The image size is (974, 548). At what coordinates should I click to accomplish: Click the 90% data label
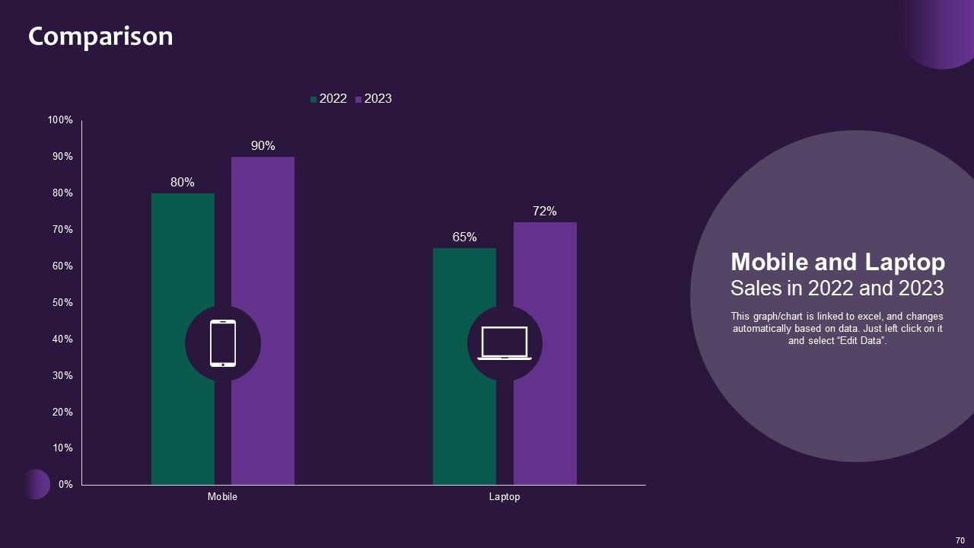pyautogui.click(x=263, y=146)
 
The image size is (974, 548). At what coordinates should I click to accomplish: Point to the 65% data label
pyautogui.click(x=464, y=237)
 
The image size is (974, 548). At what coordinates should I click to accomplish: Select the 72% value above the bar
pyautogui.click(x=545, y=212)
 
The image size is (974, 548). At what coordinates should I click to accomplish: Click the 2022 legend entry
pyautogui.click(x=329, y=99)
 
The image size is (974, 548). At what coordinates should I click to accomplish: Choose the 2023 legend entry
pyautogui.click(x=374, y=99)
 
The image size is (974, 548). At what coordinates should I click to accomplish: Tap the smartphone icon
pyautogui.click(x=223, y=344)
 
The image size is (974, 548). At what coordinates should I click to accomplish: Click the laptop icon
pyautogui.click(x=505, y=343)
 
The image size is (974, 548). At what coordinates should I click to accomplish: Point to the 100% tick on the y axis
pyautogui.click(x=60, y=120)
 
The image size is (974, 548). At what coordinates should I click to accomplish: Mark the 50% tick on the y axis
pyautogui.click(x=62, y=303)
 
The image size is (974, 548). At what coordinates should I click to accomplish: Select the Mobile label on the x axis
pyautogui.click(x=222, y=497)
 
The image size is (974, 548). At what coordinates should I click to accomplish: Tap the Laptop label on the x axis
pyautogui.click(x=505, y=497)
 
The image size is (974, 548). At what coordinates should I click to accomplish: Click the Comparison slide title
pyautogui.click(x=100, y=37)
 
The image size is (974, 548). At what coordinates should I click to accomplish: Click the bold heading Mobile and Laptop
pyautogui.click(x=838, y=263)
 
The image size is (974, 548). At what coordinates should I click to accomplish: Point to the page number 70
pyautogui.click(x=960, y=540)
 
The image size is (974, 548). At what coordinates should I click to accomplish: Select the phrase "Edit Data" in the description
pyautogui.click(x=861, y=341)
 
